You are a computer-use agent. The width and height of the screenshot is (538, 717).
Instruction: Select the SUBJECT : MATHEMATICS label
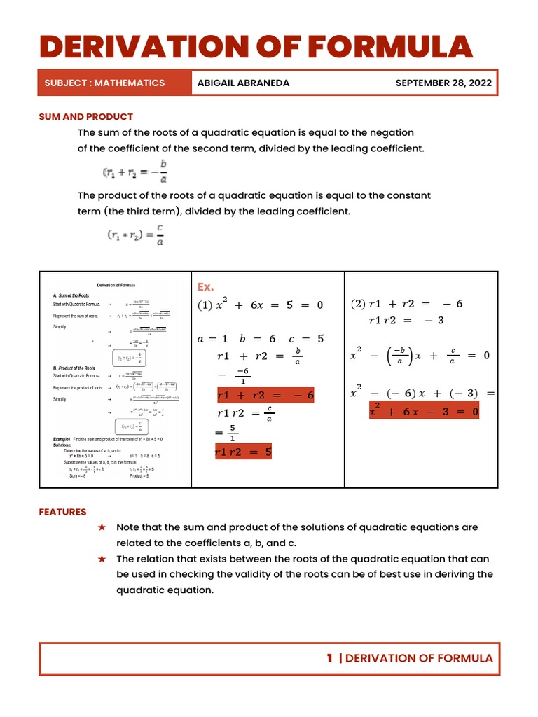[104, 83]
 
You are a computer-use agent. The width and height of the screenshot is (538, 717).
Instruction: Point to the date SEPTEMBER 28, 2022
[443, 83]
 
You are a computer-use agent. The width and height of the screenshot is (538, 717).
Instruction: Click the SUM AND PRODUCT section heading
[85, 116]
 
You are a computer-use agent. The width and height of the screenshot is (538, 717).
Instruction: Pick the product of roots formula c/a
[135, 235]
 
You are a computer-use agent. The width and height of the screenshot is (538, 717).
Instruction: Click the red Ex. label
[205, 287]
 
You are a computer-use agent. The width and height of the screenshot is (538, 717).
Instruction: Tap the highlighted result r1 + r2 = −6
[265, 396]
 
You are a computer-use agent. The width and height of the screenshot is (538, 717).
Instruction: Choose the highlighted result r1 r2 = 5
[243, 452]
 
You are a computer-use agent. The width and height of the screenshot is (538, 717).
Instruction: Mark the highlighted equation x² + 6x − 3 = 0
[424, 412]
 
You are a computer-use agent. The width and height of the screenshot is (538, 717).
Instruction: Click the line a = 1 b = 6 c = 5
[261, 339]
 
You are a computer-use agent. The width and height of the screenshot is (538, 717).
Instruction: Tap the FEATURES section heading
[62, 512]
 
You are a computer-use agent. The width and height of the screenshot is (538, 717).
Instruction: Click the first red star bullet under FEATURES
[102, 527]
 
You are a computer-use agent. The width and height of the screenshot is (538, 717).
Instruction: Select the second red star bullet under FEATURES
[102, 559]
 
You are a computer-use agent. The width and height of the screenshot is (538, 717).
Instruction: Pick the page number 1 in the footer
[329, 658]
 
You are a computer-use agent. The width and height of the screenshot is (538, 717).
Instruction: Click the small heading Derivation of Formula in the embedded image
[116, 285]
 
